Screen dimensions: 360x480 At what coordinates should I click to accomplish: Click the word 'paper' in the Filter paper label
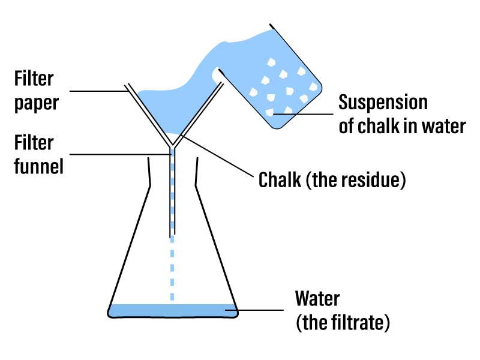tap(37, 102)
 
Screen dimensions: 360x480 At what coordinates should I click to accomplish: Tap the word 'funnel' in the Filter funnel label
tap(40, 166)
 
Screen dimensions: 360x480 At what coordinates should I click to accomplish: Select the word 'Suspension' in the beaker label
tap(383, 102)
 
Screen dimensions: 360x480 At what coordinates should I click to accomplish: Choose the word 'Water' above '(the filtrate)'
tap(318, 298)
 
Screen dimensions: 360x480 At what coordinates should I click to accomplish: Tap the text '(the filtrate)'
tap(343, 323)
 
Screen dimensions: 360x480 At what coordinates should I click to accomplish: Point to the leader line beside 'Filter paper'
tap(99, 91)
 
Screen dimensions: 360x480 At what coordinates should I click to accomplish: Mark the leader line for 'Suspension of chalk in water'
tap(303, 113)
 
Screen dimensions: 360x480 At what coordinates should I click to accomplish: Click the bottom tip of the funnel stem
tap(173, 234)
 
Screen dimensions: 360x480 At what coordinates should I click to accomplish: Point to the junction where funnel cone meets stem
tap(173, 146)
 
